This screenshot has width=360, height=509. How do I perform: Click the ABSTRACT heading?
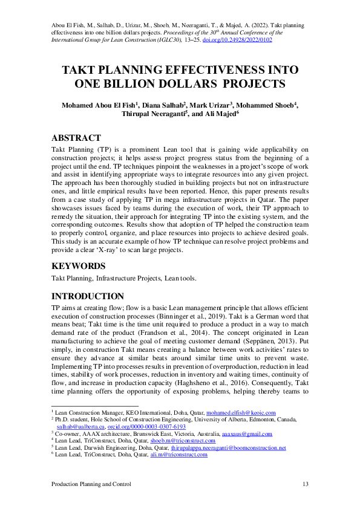point(76,138)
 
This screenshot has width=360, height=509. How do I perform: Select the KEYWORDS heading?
point(79,265)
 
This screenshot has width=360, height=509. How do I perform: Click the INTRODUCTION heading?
point(88,296)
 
